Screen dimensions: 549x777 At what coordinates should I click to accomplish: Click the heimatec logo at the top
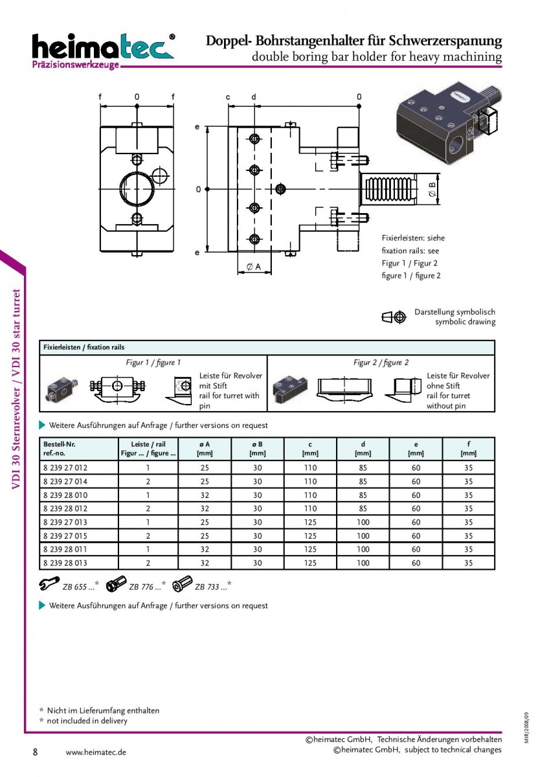coord(104,51)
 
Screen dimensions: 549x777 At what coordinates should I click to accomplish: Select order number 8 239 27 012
coord(65,468)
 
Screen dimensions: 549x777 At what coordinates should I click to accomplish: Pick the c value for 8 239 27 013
coord(310,523)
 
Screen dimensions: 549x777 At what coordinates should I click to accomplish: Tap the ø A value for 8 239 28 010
coord(205,495)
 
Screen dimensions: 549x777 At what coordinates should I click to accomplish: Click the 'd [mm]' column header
coord(363,449)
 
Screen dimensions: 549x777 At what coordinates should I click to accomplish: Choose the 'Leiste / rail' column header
coord(148,449)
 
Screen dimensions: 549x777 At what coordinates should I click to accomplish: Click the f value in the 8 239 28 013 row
coord(468,563)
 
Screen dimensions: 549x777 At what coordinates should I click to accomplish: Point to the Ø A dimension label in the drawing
coord(254,266)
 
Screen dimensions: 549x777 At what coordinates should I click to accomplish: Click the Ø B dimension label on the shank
coord(432,189)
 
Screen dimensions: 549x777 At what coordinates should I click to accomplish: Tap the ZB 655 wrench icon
coord(49,584)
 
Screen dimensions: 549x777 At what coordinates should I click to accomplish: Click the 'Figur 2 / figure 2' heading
coord(381,363)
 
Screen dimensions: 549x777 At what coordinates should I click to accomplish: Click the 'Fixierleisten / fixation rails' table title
coord(84,347)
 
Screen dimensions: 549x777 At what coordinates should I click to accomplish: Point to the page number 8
coord(35,752)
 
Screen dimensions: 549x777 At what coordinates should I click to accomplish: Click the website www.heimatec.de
coord(96,752)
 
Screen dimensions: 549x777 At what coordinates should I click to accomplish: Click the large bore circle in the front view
coord(137,189)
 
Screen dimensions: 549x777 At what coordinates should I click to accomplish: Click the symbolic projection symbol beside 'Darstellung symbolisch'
coord(394,317)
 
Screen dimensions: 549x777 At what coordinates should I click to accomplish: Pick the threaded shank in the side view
coord(388,189)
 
